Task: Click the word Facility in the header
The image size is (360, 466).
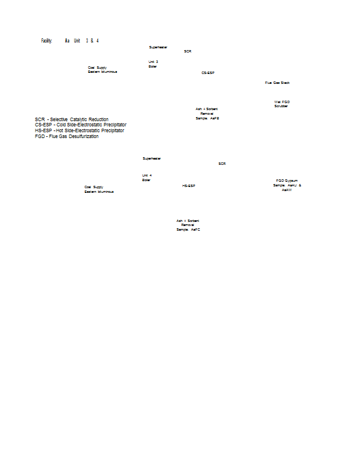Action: click(x=47, y=41)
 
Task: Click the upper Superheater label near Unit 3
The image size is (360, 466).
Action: click(x=158, y=47)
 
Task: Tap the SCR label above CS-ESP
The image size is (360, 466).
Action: click(x=188, y=51)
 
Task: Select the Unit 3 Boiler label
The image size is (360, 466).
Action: click(x=153, y=64)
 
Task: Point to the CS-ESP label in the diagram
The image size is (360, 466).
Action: click(x=208, y=73)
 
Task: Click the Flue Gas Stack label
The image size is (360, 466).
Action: click(x=277, y=83)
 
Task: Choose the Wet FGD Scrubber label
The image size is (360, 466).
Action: click(x=282, y=104)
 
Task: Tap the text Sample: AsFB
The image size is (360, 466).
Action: click(x=207, y=118)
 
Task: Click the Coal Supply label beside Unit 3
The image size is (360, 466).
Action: click(x=103, y=69)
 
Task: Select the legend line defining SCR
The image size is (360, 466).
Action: click(x=72, y=119)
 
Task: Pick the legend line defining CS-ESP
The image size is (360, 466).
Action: click(x=80, y=125)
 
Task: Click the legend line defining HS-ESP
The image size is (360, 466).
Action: click(x=79, y=130)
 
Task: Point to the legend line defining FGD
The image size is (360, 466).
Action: click(x=66, y=136)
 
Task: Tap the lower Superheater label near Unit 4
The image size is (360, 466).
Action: click(x=151, y=158)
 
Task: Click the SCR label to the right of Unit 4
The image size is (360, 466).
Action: click(x=222, y=164)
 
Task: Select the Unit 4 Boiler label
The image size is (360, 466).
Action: click(x=146, y=178)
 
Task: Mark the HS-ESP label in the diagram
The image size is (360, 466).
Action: click(x=188, y=186)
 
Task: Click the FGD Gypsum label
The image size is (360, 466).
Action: click(x=287, y=181)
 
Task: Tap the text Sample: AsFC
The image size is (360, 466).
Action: click(x=188, y=230)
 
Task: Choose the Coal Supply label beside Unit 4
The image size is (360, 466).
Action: click(x=98, y=189)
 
